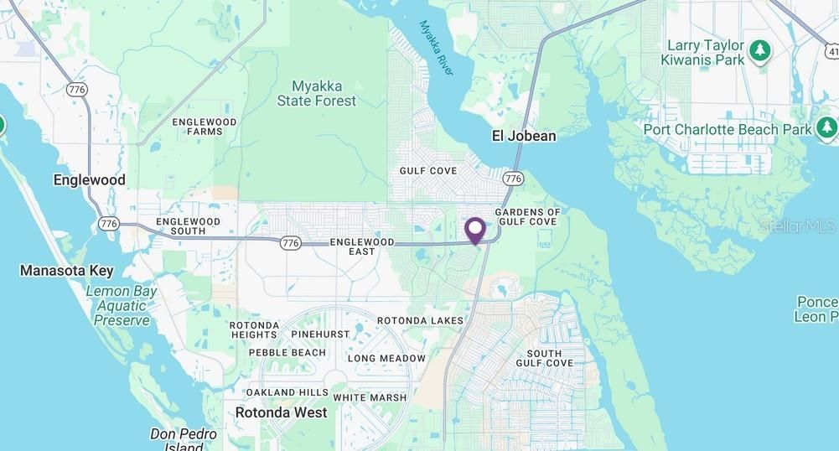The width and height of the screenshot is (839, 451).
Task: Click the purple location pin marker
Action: pyautogui.click(x=475, y=230)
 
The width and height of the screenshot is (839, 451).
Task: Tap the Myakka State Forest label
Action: pyautogui.click(x=317, y=93)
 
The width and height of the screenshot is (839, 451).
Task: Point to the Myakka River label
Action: pyautogui.click(x=436, y=49)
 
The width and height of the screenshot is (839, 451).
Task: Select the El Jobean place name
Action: pyautogui.click(x=524, y=135)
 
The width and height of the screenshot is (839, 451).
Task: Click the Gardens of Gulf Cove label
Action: pyautogui.click(x=527, y=217)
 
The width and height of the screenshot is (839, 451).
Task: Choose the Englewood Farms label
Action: pyautogui.click(x=205, y=127)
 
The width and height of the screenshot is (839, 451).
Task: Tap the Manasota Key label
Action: pyautogui.click(x=66, y=271)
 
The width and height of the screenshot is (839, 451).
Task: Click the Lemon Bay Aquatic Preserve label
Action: pyautogui.click(x=122, y=306)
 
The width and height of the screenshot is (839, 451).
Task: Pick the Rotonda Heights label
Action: pyautogui.click(x=255, y=329)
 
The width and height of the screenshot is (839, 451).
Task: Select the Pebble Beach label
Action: pyautogui.click(x=287, y=353)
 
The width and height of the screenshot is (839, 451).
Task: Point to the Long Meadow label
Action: pyautogui.click(x=386, y=358)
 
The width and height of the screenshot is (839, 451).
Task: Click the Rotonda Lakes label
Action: pyautogui.click(x=420, y=320)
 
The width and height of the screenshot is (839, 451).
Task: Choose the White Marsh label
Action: pyautogui.click(x=370, y=397)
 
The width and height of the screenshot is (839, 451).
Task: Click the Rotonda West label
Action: pyautogui.click(x=281, y=412)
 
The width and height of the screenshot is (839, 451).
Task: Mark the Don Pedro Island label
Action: pyautogui.click(x=184, y=439)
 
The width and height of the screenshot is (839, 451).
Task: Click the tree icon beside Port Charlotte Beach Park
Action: pyautogui.click(x=826, y=127)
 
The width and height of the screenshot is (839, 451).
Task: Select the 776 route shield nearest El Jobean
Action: pyautogui.click(x=514, y=179)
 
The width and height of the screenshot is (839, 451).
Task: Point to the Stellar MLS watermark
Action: pyautogui.click(x=797, y=225)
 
